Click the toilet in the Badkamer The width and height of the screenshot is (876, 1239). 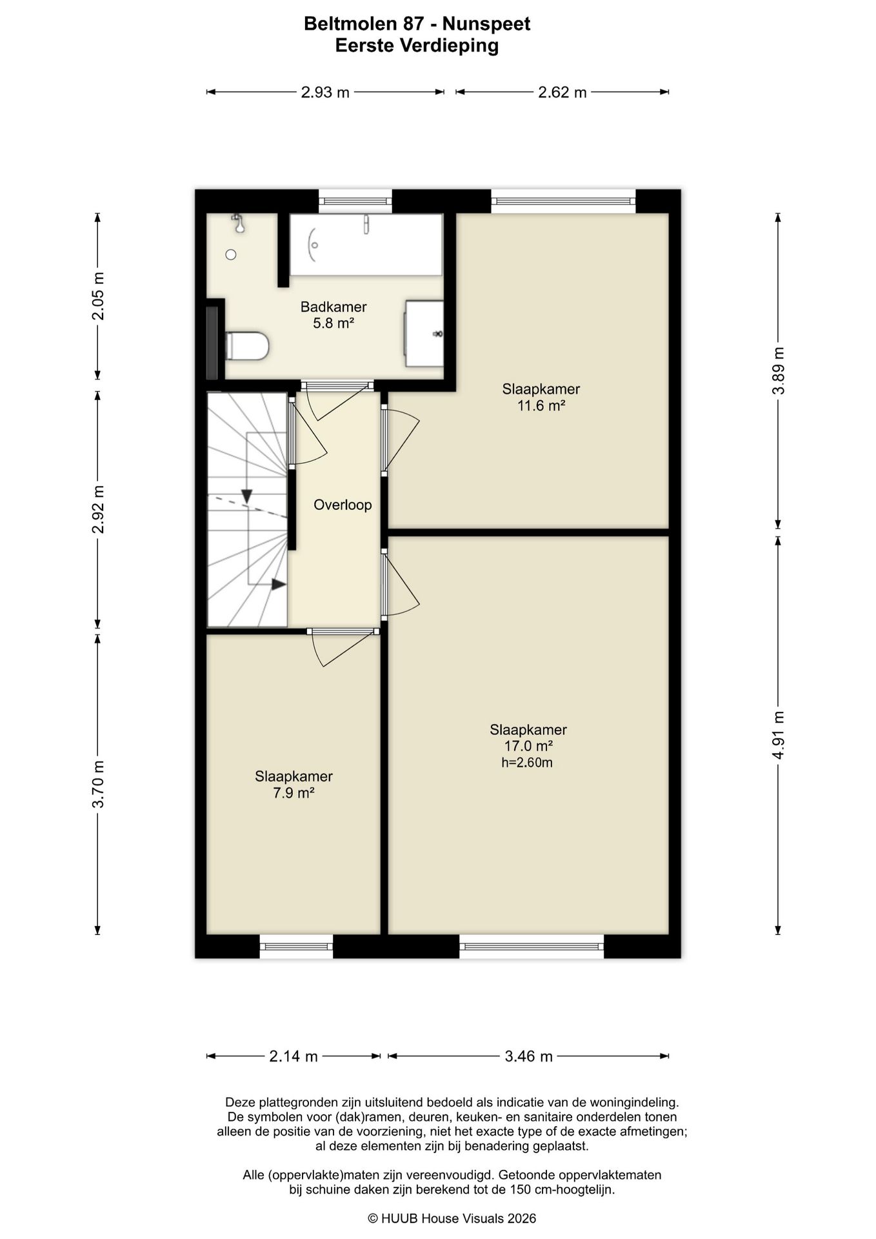[246, 346]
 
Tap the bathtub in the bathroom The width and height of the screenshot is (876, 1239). [366, 245]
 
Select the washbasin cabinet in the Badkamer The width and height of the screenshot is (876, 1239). [424, 334]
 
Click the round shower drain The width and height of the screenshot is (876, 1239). [231, 255]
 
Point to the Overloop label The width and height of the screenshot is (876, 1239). [343, 505]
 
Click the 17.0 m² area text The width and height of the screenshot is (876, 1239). [528, 746]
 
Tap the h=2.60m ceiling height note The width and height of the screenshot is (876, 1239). [527, 762]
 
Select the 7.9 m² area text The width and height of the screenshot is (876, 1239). [294, 792]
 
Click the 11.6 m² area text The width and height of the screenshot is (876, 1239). [541, 405]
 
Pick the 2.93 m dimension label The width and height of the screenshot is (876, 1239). [325, 92]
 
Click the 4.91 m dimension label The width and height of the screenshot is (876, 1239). [779, 735]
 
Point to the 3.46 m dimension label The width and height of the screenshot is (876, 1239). [528, 1056]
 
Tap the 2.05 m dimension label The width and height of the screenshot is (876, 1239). [98, 296]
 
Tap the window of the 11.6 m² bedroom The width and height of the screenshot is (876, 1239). [563, 201]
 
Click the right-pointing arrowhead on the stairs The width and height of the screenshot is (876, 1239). [279, 585]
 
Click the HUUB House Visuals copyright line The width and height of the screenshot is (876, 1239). [452, 1218]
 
